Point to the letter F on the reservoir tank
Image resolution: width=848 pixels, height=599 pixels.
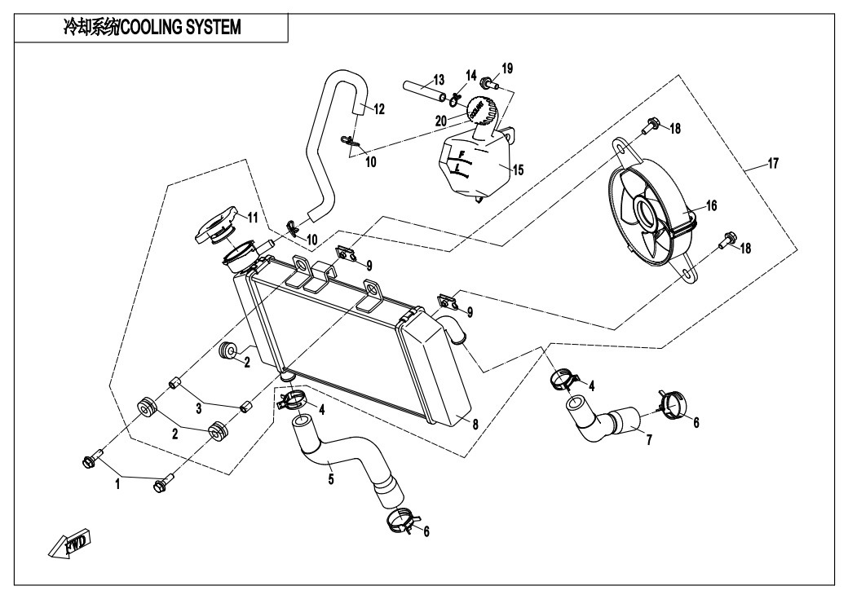462,155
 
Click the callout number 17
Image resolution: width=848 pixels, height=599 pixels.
773,163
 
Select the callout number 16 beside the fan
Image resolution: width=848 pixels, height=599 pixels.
711,205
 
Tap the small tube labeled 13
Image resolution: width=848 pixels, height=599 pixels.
425,90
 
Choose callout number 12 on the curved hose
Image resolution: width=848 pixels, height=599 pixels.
379,109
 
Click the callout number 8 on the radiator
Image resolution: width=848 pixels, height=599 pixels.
475,425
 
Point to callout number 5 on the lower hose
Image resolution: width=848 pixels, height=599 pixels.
331,478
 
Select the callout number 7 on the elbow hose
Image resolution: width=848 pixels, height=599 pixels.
649,440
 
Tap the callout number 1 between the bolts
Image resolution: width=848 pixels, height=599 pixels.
117,484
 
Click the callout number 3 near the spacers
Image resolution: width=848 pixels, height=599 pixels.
199,408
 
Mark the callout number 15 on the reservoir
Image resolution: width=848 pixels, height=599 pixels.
518,170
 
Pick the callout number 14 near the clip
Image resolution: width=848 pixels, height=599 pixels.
471,75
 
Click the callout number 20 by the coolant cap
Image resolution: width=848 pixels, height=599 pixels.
441,121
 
